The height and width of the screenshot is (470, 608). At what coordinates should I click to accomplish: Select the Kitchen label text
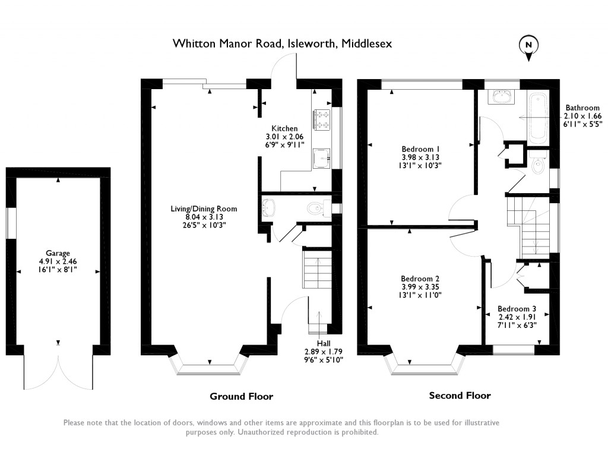[284, 128]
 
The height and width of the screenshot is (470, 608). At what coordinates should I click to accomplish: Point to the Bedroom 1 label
[421, 149]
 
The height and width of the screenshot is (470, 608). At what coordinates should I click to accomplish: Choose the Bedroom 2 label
[420, 279]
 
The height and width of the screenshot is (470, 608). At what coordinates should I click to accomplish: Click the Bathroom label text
[582, 108]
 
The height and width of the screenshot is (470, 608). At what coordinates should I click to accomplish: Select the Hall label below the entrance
[324, 343]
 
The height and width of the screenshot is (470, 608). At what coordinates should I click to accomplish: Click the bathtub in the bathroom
[540, 117]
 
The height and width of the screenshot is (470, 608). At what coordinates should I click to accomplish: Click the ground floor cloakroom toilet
[315, 208]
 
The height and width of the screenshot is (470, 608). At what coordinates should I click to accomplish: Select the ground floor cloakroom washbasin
[268, 207]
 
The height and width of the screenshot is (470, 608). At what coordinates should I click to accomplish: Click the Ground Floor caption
[241, 396]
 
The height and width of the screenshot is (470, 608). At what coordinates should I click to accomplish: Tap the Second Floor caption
[460, 395]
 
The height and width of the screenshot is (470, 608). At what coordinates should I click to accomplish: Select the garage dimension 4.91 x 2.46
[58, 261]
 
